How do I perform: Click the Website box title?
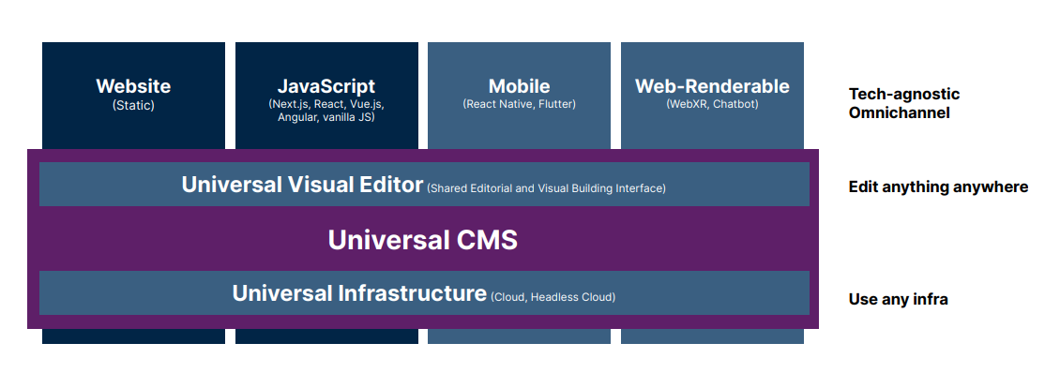tap(133, 86)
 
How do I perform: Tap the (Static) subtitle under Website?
tap(133, 105)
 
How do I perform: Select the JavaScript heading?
tap(326, 86)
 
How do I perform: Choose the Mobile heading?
tap(519, 86)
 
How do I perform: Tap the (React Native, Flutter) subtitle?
tap(519, 104)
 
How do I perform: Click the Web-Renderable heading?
tap(712, 86)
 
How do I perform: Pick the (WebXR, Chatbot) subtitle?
tap(712, 104)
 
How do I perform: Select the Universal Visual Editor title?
tap(302, 185)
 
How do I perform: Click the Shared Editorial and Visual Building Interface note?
tap(546, 188)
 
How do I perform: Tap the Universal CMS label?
tap(422, 240)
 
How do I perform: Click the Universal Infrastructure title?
tap(359, 293)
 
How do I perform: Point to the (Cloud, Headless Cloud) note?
tap(553, 297)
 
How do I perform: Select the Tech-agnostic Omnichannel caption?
tap(903, 103)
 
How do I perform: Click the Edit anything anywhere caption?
tap(938, 186)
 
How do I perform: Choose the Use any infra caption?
tap(898, 300)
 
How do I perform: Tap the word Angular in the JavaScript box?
tap(297, 117)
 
